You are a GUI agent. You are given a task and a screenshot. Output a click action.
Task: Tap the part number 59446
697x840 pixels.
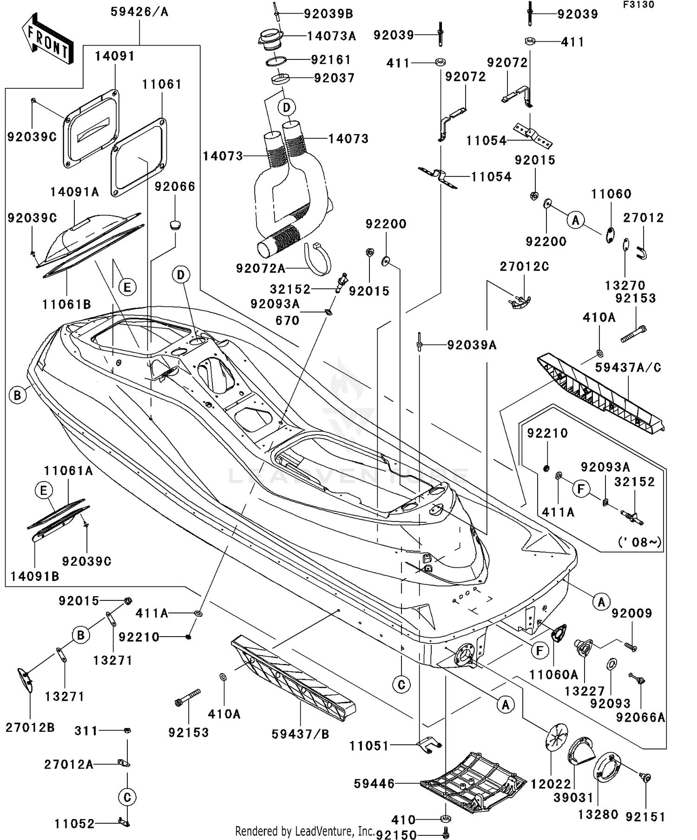(x=375, y=784)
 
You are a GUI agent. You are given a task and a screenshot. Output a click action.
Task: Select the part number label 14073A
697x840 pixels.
(x=331, y=36)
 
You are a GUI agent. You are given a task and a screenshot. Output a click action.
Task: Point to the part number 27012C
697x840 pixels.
(x=524, y=267)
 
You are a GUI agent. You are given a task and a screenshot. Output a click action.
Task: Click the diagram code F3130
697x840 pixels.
(x=639, y=5)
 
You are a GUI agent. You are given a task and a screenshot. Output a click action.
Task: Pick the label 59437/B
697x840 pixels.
(x=300, y=734)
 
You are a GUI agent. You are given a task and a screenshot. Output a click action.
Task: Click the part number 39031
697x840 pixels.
(x=573, y=798)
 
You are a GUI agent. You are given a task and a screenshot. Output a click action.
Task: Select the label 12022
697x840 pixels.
(x=551, y=784)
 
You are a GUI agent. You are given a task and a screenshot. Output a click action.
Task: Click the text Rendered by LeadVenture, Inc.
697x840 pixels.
(x=305, y=831)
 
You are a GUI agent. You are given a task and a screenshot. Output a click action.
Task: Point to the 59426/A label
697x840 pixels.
(x=139, y=12)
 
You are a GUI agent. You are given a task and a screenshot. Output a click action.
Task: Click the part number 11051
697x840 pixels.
(x=369, y=746)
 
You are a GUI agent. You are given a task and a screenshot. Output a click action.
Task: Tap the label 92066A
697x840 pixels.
(x=641, y=717)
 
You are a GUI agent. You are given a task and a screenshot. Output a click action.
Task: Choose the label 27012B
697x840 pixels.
(x=30, y=728)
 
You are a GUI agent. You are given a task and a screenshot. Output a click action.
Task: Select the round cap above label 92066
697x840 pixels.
(x=175, y=225)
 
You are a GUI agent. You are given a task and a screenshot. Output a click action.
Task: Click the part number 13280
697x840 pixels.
(x=598, y=814)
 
